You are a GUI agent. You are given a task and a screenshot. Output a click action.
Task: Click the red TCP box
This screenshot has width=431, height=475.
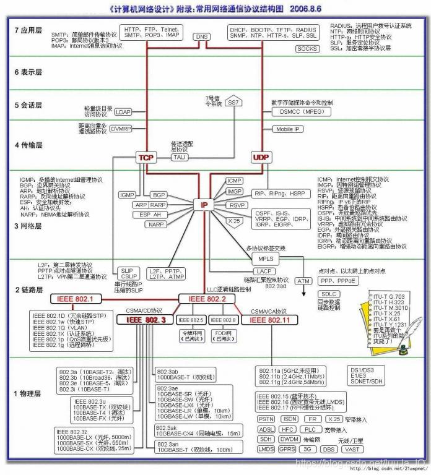[146, 157]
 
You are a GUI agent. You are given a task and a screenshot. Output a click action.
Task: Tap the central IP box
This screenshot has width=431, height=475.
[204, 204]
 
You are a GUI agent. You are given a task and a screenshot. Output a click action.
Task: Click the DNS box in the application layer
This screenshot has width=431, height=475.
[202, 36]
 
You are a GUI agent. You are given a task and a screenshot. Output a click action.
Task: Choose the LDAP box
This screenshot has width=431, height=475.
[123, 112]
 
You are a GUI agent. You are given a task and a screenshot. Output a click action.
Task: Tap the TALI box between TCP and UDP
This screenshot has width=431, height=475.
[181, 157]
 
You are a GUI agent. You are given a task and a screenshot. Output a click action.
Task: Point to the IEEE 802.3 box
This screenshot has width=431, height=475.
[146, 320]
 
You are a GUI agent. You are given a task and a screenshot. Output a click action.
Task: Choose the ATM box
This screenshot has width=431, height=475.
[303, 281]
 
